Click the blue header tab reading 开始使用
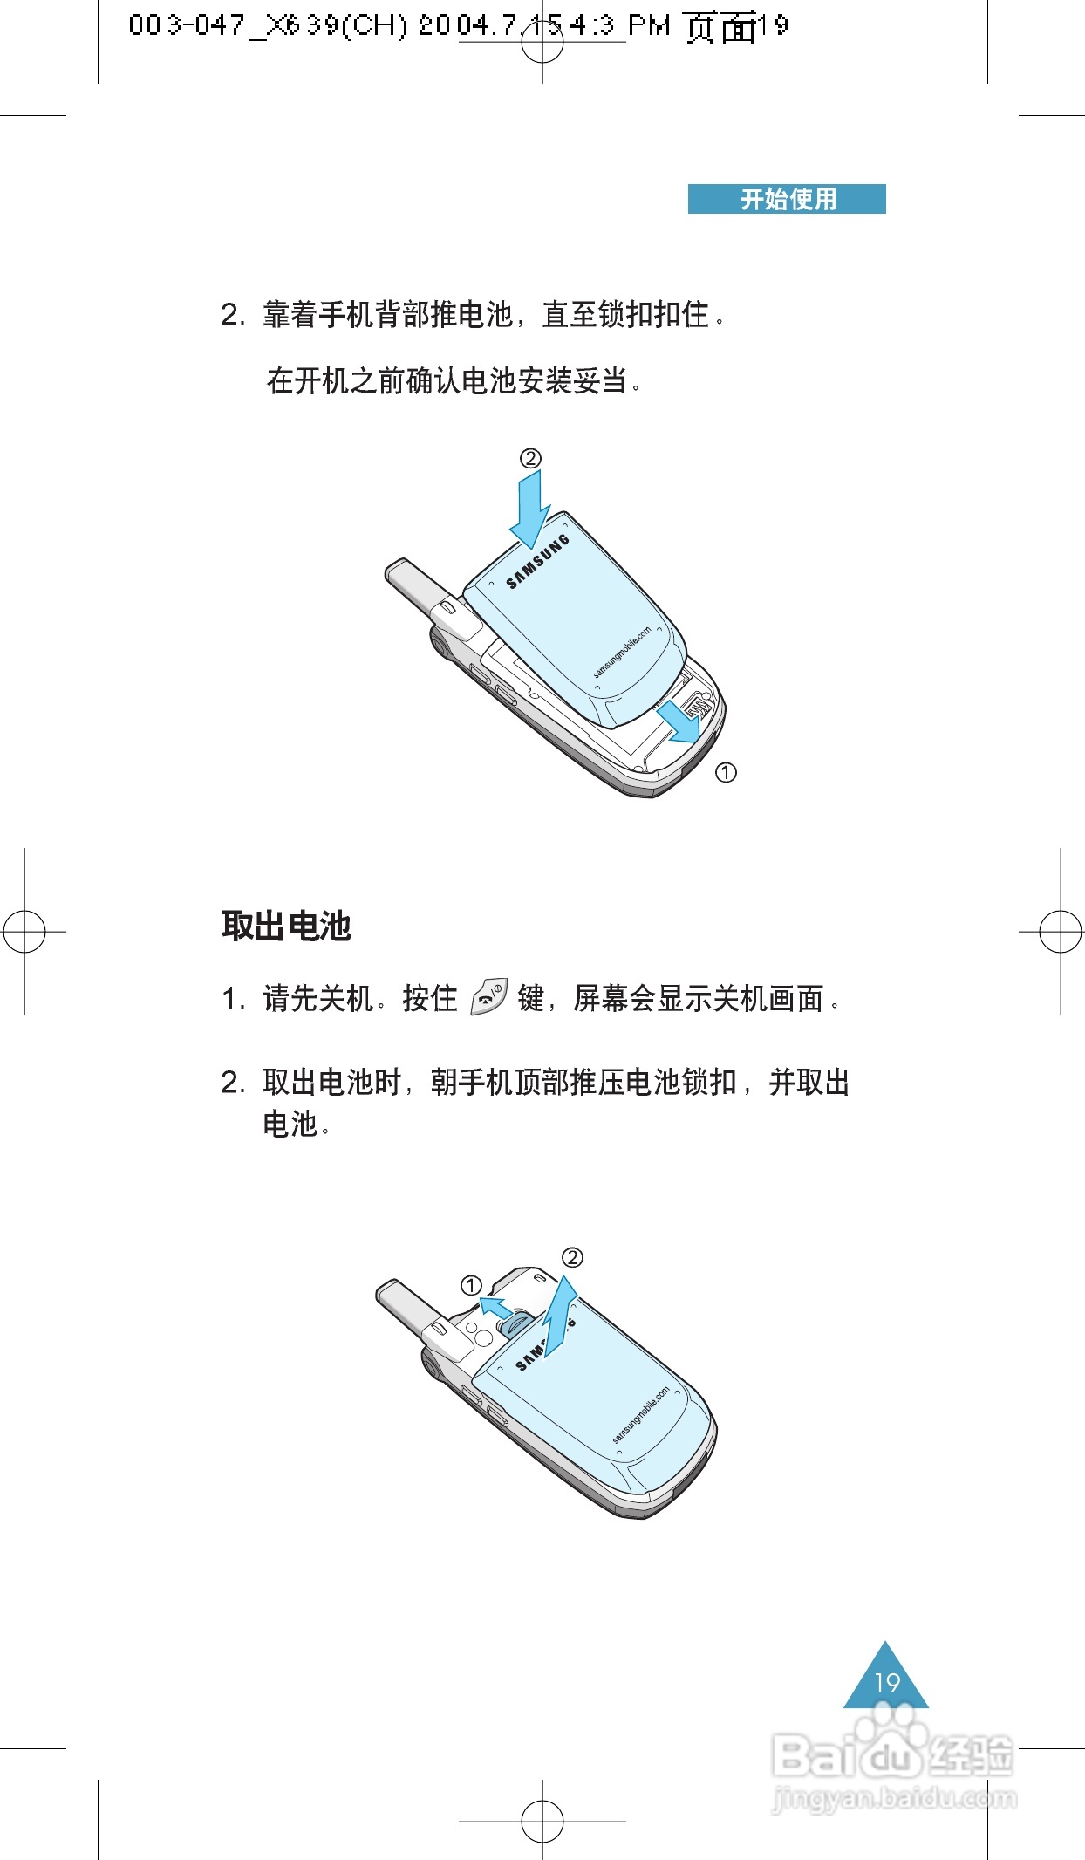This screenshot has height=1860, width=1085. coord(787,199)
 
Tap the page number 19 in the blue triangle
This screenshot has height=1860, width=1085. coord(886,1682)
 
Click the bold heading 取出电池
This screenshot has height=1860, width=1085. coord(286,926)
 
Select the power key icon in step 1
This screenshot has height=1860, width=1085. coord(488,997)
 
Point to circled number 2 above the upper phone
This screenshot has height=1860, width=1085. coord(530,458)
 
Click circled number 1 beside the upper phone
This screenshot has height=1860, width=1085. coord(726,772)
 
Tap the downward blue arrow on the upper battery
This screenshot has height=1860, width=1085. coord(529,509)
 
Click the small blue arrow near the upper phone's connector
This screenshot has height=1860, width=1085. coord(679,721)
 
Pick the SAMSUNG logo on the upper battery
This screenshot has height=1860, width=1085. coord(538,562)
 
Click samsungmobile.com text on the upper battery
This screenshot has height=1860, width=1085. coord(622,652)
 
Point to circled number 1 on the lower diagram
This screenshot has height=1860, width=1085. coord(471,1285)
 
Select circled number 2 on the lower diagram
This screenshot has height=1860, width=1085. coord(572,1257)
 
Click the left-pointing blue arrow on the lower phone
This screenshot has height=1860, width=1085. coord(496,1307)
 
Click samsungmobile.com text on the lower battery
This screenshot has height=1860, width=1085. coord(641,1415)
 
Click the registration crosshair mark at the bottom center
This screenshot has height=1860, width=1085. coord(542,1822)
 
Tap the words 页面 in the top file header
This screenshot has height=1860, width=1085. coord(720,26)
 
